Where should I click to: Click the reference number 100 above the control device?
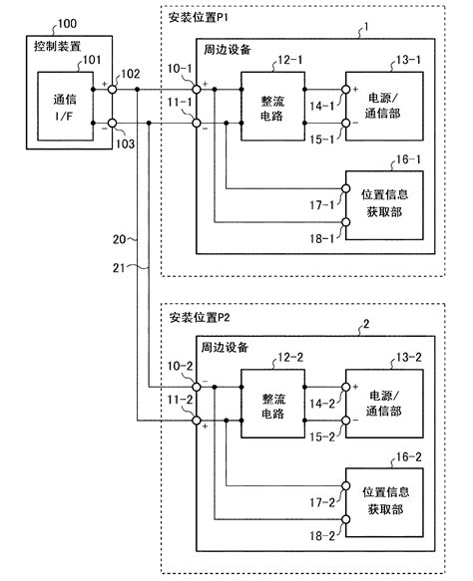pos(67,24)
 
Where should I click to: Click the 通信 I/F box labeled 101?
pos(65,107)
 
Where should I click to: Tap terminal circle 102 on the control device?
pos(112,90)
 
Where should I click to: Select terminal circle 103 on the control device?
pos(112,123)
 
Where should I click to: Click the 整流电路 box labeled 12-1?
pos(273,107)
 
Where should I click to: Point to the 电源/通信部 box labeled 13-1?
pos(384,107)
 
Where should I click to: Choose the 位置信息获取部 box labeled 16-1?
pos(384,205)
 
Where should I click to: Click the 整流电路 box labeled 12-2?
pos(273,404)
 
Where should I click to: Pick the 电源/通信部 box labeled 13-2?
pos(384,404)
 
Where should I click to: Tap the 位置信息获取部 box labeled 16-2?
pos(384,502)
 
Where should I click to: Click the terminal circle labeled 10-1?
pos(197,90)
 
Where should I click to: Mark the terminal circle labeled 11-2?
pos(197,421)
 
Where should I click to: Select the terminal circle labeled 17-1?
pos(345,188)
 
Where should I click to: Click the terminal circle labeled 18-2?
pos(345,519)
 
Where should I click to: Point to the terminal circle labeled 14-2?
pos(345,387)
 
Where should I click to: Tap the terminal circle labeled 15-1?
pos(345,123)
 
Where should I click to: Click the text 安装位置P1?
pos(199,17)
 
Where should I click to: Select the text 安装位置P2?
pos(200,318)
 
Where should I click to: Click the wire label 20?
pos(119,239)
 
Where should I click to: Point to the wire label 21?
pos(119,267)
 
